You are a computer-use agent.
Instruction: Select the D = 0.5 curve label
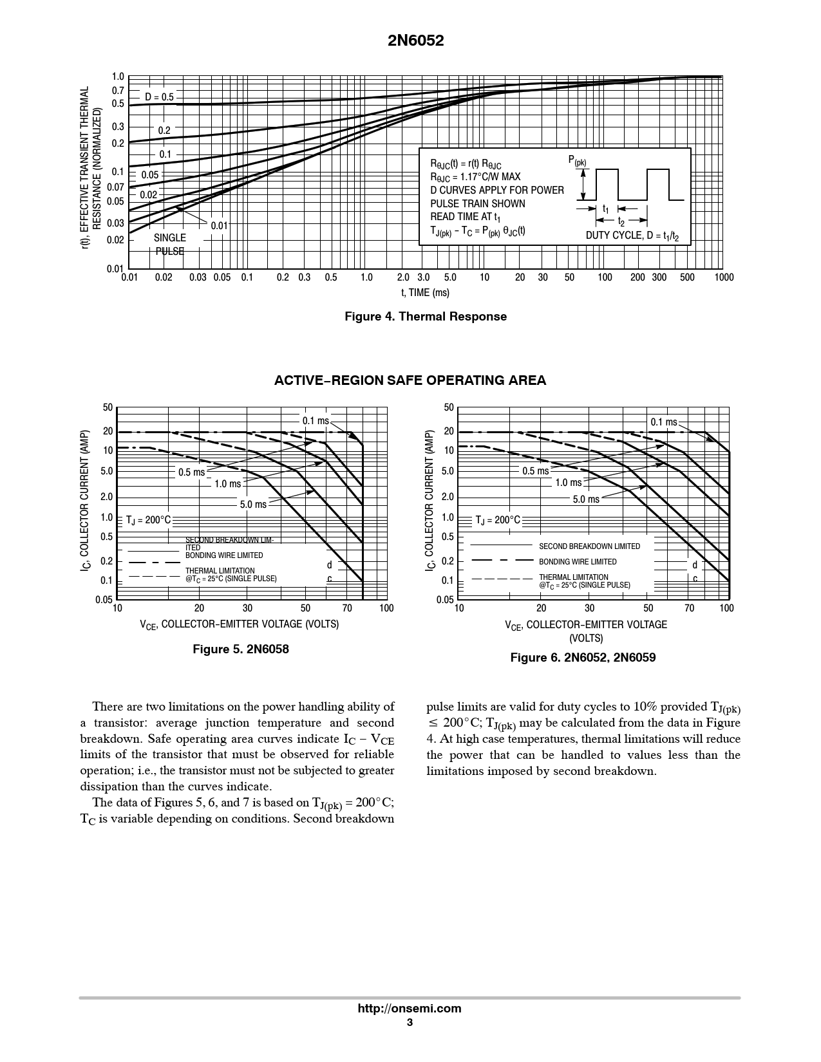point(159,97)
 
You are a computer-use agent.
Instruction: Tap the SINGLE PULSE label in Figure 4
point(169,245)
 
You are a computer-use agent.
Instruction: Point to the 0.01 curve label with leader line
point(220,225)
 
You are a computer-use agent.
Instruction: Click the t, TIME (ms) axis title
point(425,293)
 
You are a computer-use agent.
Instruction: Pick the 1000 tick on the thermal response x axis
point(724,277)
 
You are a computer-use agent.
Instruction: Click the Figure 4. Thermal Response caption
point(426,317)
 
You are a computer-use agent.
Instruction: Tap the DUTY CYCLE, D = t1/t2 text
point(632,236)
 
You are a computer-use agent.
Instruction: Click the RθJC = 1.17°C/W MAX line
point(475,177)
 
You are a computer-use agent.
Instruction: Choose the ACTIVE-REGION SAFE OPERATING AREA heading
point(410,380)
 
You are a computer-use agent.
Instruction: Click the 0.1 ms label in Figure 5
point(316,421)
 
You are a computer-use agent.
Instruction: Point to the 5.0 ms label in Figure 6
point(586,499)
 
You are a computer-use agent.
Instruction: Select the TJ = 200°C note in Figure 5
point(148,520)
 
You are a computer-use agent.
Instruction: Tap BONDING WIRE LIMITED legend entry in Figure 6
point(578,562)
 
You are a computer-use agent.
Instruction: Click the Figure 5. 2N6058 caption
point(241,649)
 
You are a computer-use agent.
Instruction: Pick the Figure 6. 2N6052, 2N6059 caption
point(583,658)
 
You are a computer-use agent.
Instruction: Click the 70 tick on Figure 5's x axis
point(347,608)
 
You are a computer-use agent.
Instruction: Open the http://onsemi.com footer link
point(410,1009)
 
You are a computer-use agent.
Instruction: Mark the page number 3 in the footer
point(410,1023)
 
